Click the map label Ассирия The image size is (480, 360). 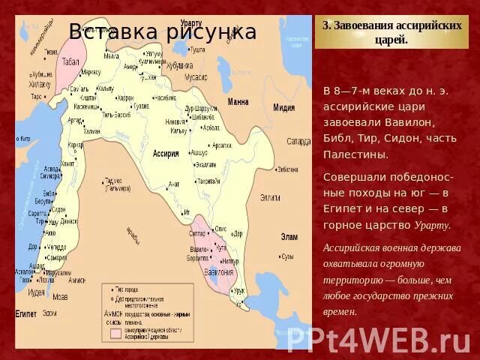pos(166,153)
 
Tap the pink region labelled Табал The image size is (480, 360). pos(71,61)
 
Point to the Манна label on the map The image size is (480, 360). pos(238,101)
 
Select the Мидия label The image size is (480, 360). pos(283,108)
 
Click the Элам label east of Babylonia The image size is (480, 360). pos(289,236)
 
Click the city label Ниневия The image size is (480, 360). pos(176,121)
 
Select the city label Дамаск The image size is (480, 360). pos(68,222)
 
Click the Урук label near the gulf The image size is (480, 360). pos(240,289)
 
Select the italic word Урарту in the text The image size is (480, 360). pos(432,225)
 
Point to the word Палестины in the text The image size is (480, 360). pos(355,154)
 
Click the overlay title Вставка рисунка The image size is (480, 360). pos(162,31)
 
